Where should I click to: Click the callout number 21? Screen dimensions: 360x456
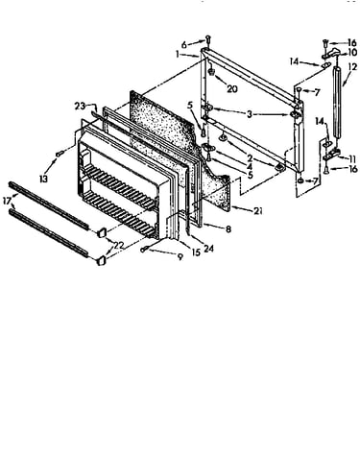point(258,210)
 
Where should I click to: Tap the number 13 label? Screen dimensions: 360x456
point(43,179)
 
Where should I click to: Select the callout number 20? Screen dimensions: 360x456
point(232,88)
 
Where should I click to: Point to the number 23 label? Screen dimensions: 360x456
point(81,106)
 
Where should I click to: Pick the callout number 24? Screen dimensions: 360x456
point(208,248)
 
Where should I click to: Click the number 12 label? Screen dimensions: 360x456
point(352,67)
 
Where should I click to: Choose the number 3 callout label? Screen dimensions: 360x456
point(250,114)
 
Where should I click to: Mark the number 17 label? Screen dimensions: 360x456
point(7,203)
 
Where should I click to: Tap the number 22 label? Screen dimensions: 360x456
point(119,246)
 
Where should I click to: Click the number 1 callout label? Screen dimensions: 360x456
point(178,55)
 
